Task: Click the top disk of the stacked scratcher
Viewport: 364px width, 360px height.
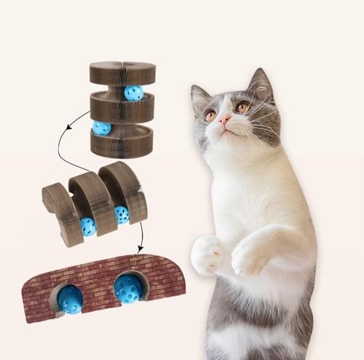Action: click(x=122, y=73)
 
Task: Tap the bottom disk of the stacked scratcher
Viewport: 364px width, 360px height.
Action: click(x=122, y=142)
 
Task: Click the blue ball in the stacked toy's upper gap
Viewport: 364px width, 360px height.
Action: click(x=134, y=93)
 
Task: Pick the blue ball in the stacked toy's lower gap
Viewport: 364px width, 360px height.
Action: click(x=102, y=128)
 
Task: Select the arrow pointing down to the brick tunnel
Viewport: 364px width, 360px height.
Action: click(x=140, y=233)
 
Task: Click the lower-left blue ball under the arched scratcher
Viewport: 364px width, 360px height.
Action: click(x=88, y=227)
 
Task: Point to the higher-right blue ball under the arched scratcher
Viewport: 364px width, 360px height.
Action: click(x=122, y=214)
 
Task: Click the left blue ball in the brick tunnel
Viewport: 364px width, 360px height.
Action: click(x=71, y=299)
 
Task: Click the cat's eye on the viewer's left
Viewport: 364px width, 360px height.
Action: click(x=210, y=115)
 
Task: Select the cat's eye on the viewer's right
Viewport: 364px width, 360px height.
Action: click(x=241, y=108)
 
